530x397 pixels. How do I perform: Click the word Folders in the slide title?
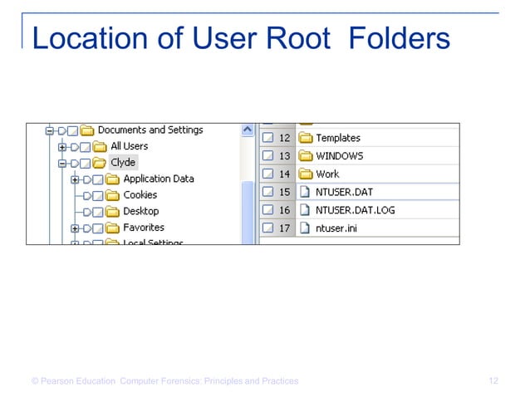tap(400, 38)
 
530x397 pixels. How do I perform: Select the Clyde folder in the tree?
tap(123, 163)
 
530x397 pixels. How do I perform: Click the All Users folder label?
tap(129, 146)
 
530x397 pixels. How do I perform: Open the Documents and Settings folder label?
tap(150, 130)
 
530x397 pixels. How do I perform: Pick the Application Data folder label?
tap(158, 179)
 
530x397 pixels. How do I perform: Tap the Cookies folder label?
tap(140, 195)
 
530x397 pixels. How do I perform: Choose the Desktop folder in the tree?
tap(140, 212)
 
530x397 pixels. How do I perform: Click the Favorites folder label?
tap(144, 228)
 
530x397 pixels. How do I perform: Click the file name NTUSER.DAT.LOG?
tap(356, 210)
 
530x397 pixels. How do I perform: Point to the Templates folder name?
tap(338, 139)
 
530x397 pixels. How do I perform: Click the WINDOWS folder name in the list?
tap(339, 156)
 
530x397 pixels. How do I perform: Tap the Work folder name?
tap(327, 174)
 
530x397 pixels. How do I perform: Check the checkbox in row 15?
tap(267, 192)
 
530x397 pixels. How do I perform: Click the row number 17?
tap(284, 228)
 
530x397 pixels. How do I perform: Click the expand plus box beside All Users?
tap(62, 147)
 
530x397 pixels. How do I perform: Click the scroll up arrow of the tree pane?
tap(247, 130)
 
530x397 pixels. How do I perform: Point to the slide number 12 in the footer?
tap(493, 381)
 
